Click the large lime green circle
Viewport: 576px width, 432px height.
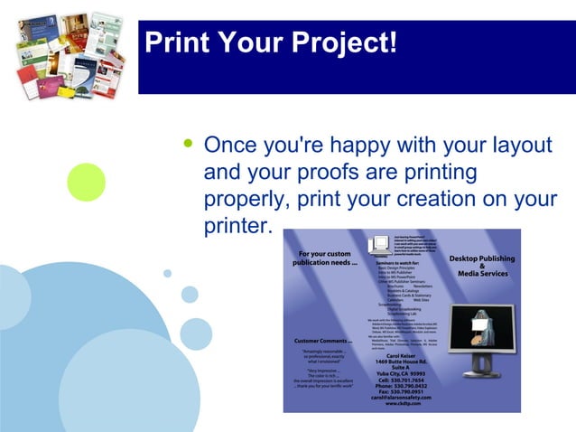[86, 182]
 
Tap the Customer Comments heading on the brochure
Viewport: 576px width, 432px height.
[323, 340]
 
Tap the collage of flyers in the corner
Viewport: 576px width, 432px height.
[70, 54]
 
